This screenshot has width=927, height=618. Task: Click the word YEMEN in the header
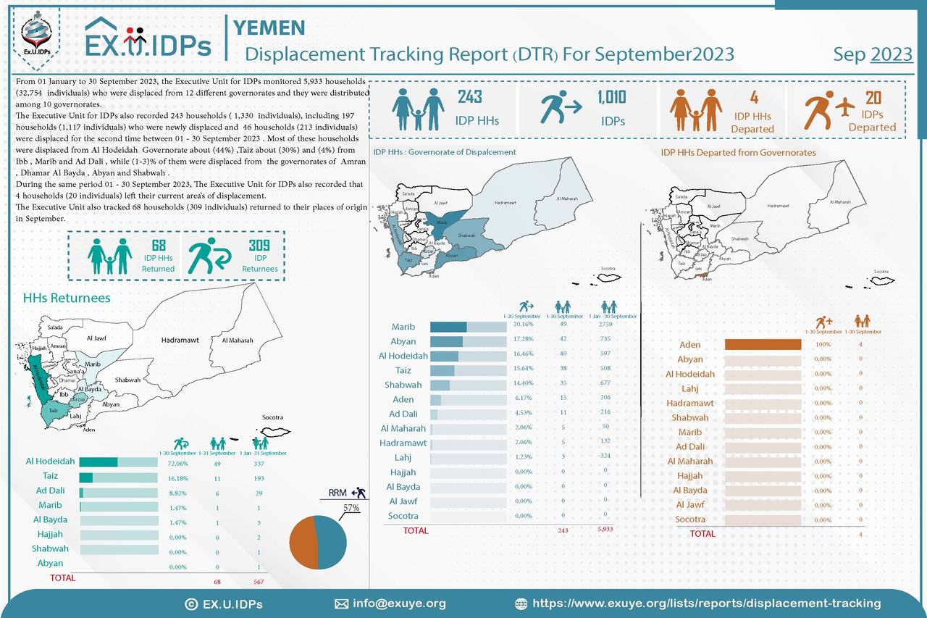click(x=269, y=28)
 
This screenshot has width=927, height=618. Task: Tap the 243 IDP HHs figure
click(x=469, y=97)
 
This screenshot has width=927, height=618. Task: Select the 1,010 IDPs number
click(x=612, y=97)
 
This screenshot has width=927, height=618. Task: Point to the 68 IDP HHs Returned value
click(x=158, y=246)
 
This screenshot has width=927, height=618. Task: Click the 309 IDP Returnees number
click(x=259, y=246)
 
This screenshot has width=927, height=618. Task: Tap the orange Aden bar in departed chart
click(x=763, y=345)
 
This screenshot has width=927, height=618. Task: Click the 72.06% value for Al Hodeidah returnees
click(x=178, y=462)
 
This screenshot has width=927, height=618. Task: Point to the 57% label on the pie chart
click(x=351, y=508)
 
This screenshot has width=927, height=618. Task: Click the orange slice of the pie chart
click(x=302, y=543)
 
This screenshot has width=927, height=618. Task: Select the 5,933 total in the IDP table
click(x=605, y=530)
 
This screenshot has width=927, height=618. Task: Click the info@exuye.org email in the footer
click(x=399, y=603)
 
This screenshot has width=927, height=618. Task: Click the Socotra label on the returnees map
click(x=273, y=417)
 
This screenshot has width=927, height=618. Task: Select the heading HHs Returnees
click(x=67, y=298)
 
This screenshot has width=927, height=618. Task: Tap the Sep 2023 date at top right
click(x=872, y=54)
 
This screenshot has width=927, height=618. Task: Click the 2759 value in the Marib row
click(x=605, y=325)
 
